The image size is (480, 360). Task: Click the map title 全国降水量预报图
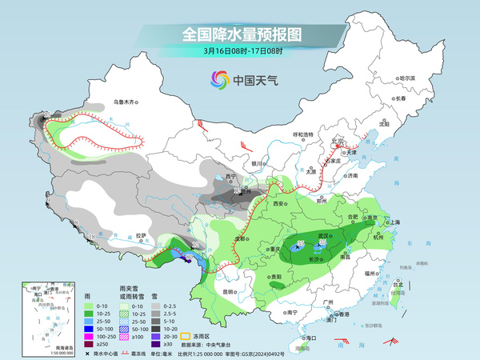point(239,34)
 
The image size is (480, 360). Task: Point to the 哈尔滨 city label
point(407,78)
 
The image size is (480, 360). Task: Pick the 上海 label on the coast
point(394,222)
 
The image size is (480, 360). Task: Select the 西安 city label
point(278,205)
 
